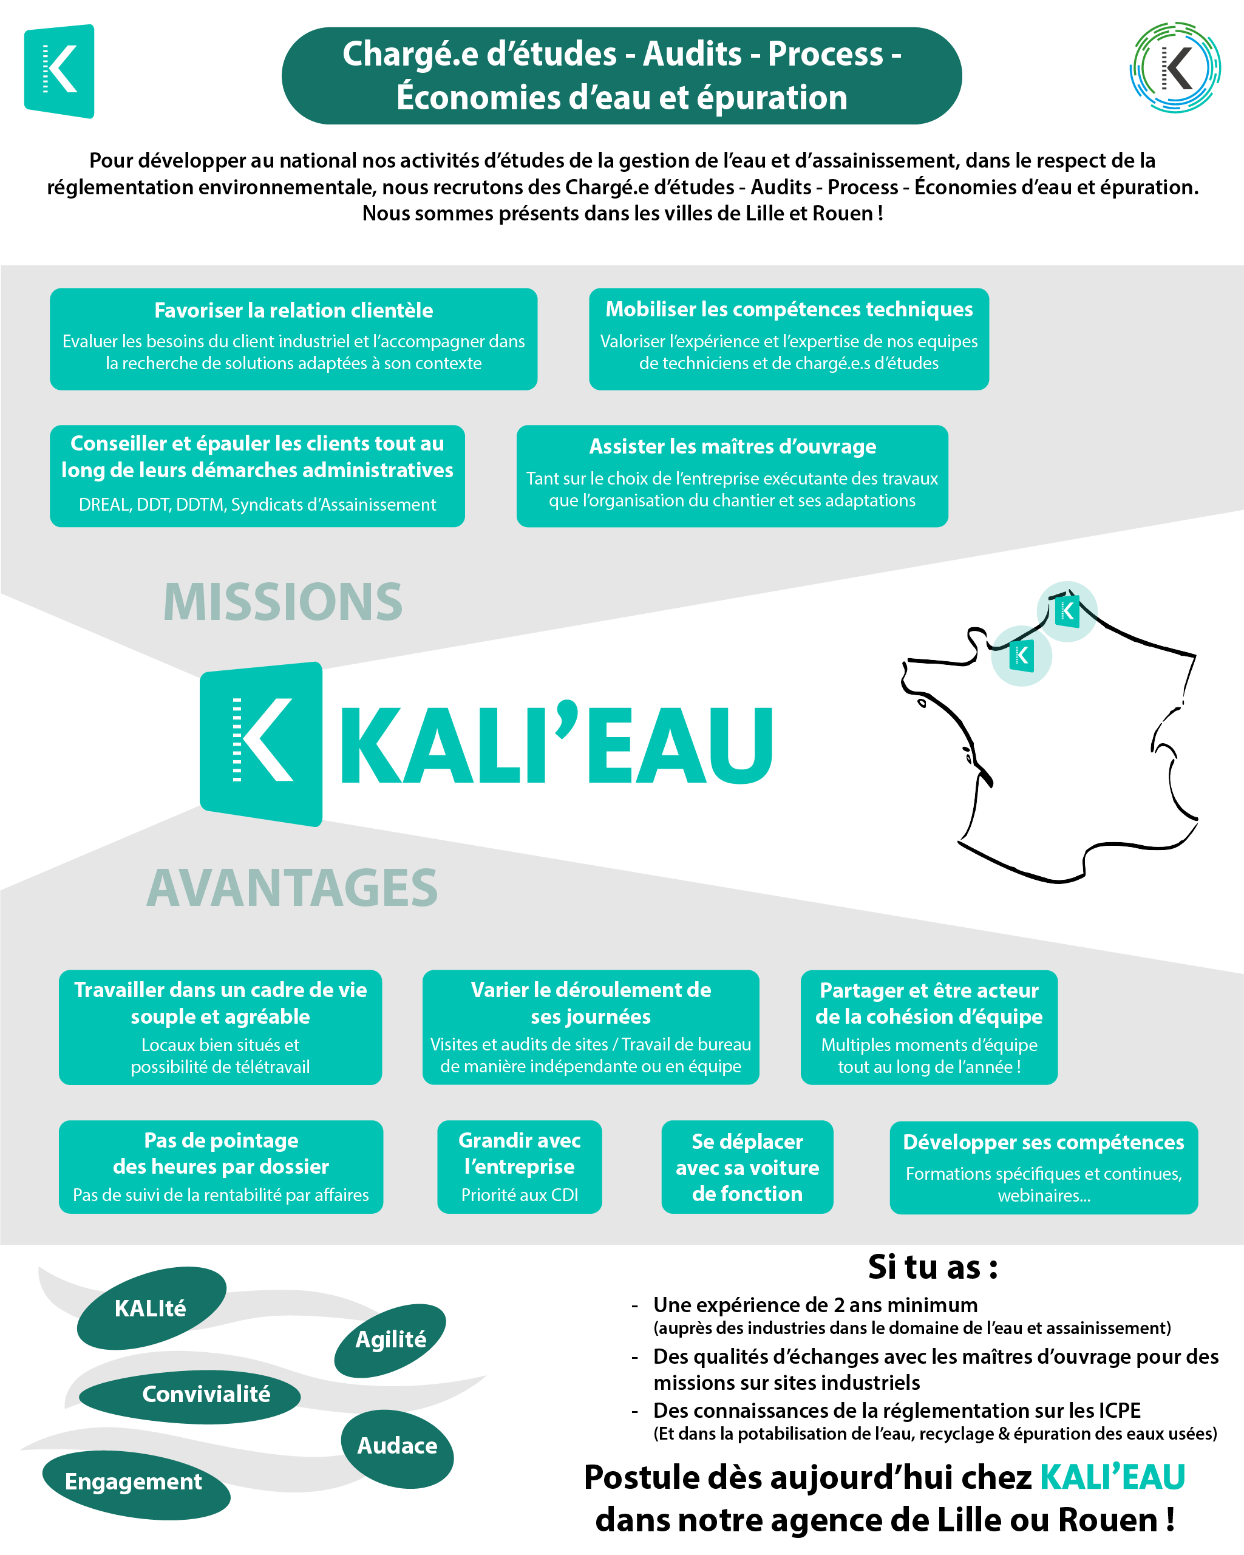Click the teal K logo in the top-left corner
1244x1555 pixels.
(x=59, y=70)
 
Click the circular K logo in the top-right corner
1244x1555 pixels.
(x=1175, y=67)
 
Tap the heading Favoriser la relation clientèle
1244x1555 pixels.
(x=293, y=310)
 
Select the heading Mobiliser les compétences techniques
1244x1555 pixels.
(x=789, y=310)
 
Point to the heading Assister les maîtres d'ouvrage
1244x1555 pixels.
(x=733, y=446)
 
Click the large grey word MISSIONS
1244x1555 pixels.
(x=283, y=602)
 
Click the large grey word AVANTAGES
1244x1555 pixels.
(x=292, y=887)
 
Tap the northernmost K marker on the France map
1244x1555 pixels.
(x=1067, y=611)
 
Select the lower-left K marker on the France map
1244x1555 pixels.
(x=1021, y=656)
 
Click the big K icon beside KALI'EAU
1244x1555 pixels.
(x=261, y=744)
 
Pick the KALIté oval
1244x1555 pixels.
(x=151, y=1308)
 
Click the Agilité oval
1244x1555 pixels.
(x=390, y=1340)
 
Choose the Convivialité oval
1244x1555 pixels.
(x=189, y=1397)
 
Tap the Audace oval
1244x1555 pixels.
(x=397, y=1449)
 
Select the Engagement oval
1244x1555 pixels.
(x=136, y=1485)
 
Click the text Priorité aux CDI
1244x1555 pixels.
(x=520, y=1195)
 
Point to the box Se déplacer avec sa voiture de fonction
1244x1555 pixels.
(x=747, y=1167)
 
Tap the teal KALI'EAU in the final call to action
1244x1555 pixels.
(x=1113, y=1477)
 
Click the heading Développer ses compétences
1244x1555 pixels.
(x=1044, y=1143)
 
